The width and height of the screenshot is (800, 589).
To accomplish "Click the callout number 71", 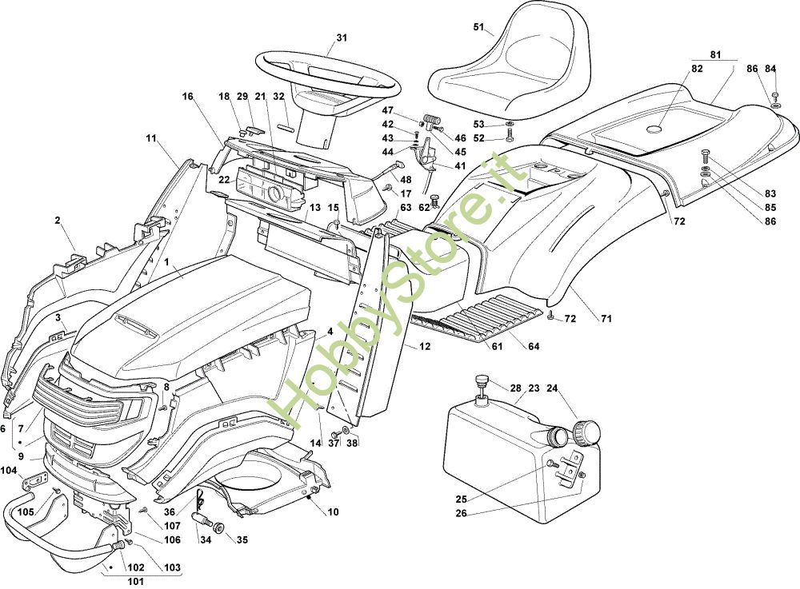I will [x=606, y=320].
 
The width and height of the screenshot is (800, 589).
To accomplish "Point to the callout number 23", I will [x=534, y=388].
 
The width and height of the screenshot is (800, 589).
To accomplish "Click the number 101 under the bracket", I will [x=135, y=581].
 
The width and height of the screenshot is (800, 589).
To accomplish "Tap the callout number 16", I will [x=188, y=97].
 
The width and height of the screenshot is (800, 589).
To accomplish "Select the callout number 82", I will [x=697, y=69].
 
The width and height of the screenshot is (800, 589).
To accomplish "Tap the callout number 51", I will [x=479, y=27].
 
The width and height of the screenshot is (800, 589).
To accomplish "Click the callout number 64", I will [x=531, y=346].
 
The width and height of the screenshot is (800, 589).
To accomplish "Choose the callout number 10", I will [x=333, y=511].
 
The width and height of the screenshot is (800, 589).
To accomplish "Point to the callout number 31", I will [x=342, y=38].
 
